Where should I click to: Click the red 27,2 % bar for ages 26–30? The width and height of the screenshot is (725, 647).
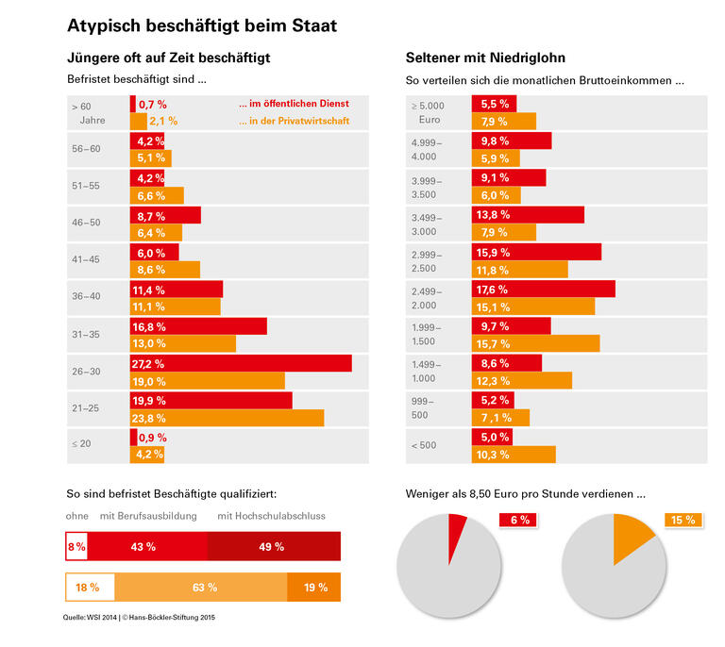click(241, 363)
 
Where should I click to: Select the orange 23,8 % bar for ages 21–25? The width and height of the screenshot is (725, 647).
click(227, 418)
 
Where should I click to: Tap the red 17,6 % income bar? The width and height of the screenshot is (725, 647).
click(543, 289)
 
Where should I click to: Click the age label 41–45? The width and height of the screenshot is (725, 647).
click(85, 259)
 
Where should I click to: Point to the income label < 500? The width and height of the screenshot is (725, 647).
click(424, 445)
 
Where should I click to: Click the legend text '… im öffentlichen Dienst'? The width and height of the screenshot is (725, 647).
click(294, 103)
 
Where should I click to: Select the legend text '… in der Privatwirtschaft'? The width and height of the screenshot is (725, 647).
click(294, 121)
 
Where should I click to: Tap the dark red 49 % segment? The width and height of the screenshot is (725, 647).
click(274, 547)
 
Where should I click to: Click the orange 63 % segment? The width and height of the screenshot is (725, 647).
click(199, 588)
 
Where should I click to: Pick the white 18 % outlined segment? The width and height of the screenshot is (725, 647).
click(89, 588)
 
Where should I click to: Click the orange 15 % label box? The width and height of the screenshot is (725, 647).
click(683, 520)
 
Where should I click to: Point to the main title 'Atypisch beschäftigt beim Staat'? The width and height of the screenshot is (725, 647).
click(202, 25)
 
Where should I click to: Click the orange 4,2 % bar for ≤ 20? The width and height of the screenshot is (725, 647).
click(146, 455)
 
